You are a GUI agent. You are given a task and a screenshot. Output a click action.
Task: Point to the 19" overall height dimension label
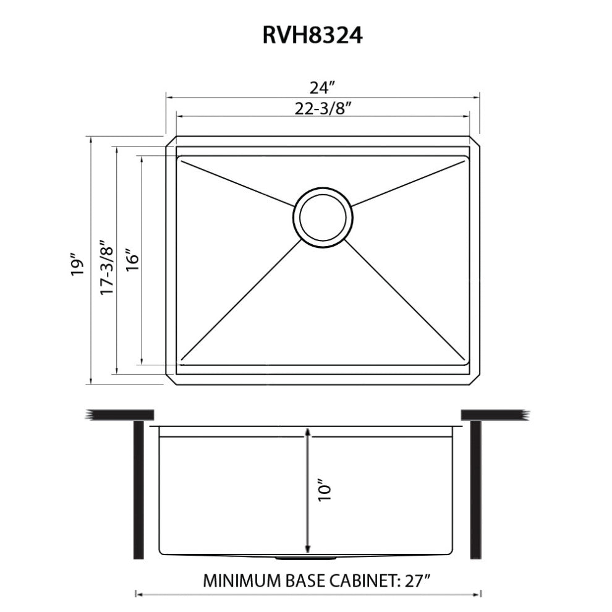click(x=77, y=263)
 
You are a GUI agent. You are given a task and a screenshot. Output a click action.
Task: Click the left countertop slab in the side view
click(x=121, y=414)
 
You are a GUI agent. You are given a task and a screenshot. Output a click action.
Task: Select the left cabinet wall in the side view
click(x=139, y=488)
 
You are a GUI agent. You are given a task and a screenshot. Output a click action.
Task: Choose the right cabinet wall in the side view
click(x=476, y=488)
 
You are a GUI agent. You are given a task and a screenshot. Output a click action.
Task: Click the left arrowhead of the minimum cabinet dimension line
click(x=138, y=595)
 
